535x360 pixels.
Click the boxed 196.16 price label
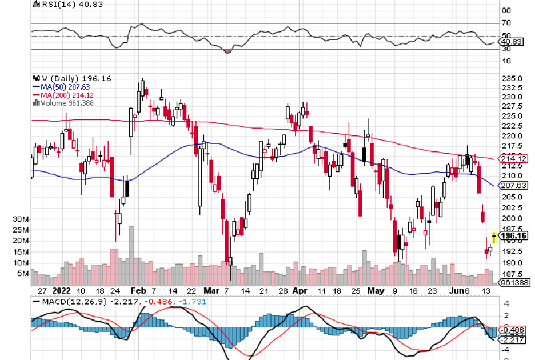pos(513,235)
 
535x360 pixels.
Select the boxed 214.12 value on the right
pos(513,158)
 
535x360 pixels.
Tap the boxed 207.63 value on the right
pos(513,185)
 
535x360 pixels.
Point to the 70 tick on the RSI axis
pos(506,23)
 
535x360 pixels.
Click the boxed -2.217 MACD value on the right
pos(512,339)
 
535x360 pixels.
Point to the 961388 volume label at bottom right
pos(513,282)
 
